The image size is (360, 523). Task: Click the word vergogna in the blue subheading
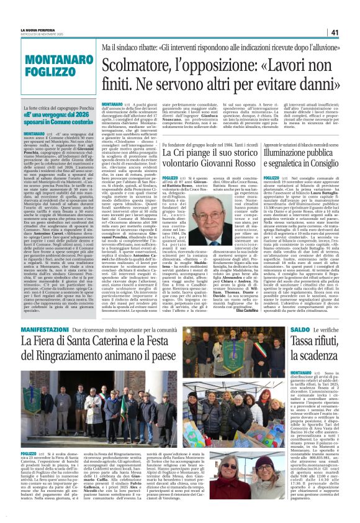48,116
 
